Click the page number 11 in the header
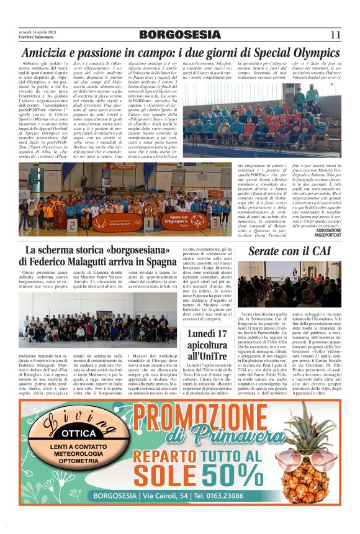pyautogui.click(x=335, y=35)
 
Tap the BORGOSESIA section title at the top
pyautogui.click(x=179, y=35)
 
